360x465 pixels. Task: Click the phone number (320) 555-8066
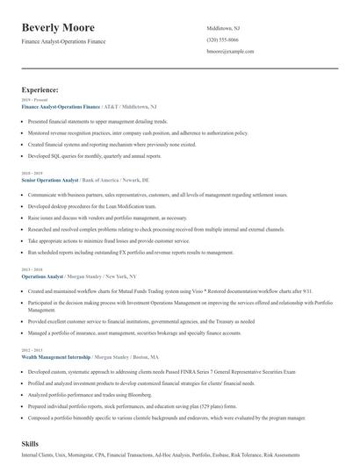point(222,39)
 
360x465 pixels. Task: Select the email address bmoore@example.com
point(230,51)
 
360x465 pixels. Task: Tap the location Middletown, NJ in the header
point(223,28)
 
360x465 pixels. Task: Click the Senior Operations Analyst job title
point(50,179)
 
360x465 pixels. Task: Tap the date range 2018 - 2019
point(32,173)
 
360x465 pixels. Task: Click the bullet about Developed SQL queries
point(95,155)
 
